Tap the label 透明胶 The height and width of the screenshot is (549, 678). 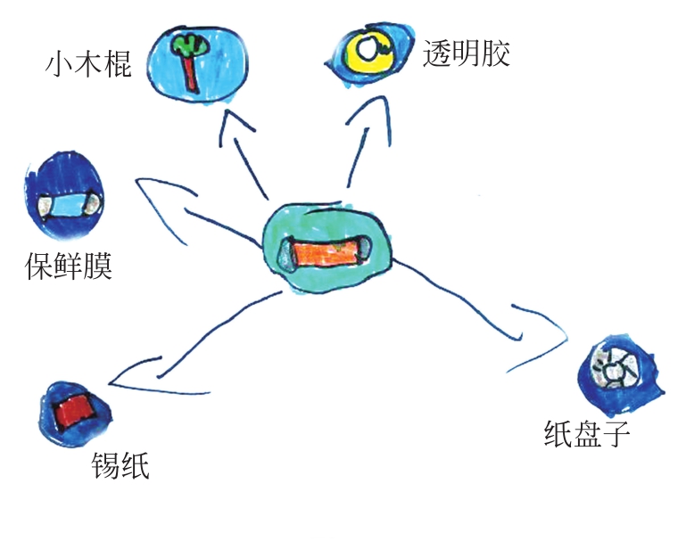[466, 54]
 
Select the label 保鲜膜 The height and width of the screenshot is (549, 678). [69, 266]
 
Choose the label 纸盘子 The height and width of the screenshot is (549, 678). [587, 433]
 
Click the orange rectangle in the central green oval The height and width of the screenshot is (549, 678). [326, 250]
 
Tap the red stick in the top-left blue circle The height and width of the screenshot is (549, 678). [190, 71]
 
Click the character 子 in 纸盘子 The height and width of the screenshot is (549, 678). [617, 433]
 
